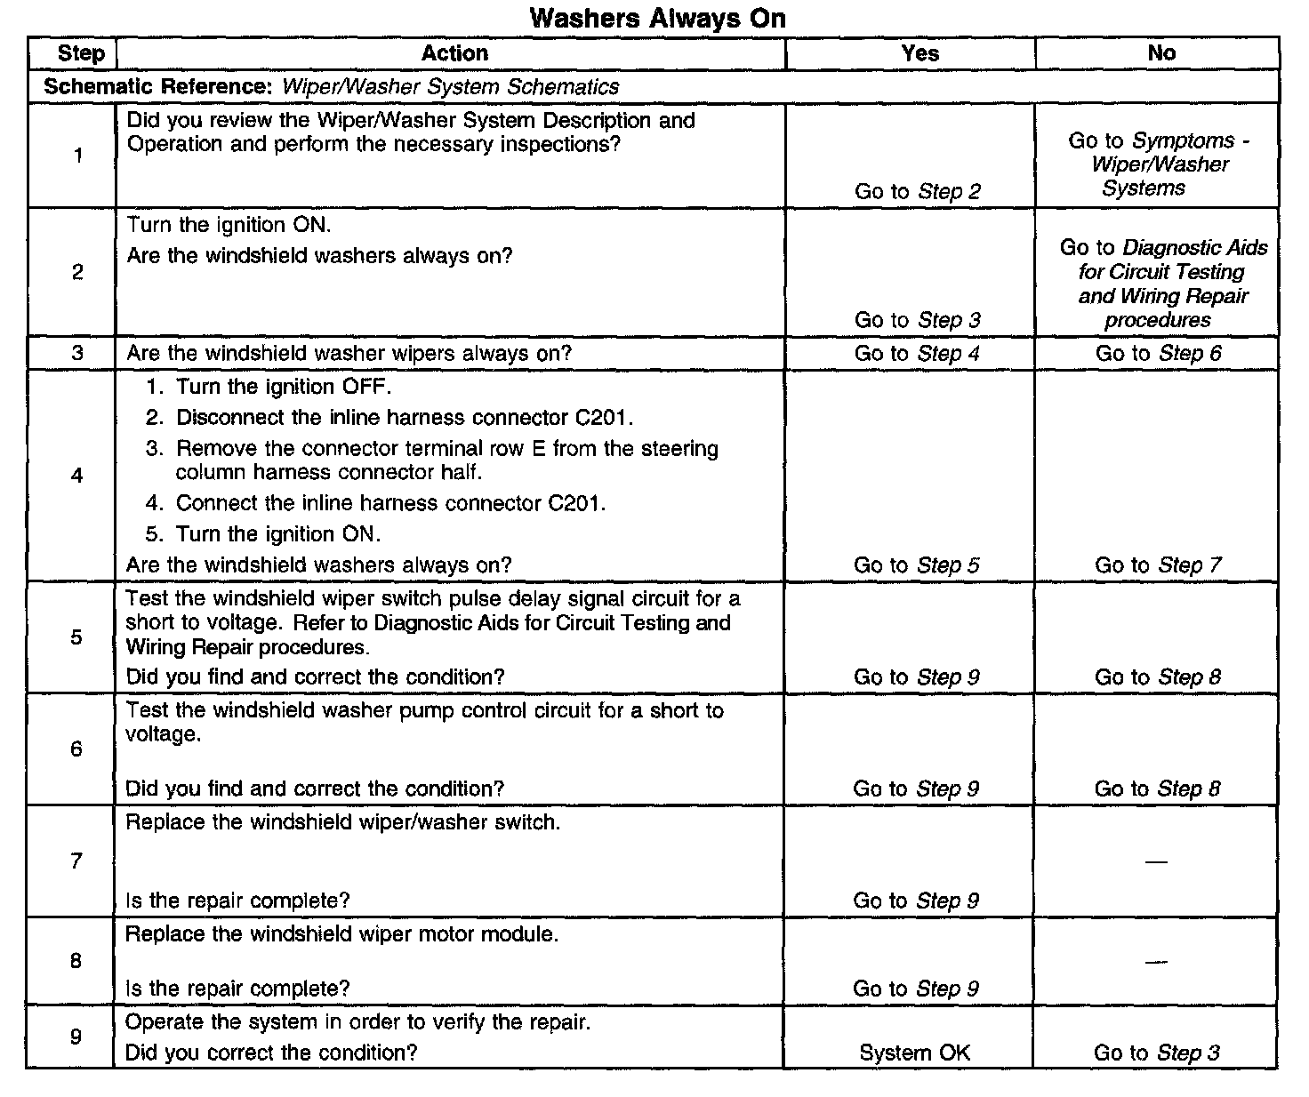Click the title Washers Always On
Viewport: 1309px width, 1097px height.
[657, 18]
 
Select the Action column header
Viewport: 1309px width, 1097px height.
[454, 53]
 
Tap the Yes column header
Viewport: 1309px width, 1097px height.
[920, 53]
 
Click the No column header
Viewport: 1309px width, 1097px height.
[1161, 53]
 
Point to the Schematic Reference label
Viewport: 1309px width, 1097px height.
[160, 87]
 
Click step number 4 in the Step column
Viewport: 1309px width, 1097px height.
[77, 476]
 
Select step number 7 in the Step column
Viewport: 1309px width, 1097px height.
[76, 861]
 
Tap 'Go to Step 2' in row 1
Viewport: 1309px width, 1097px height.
[917, 191]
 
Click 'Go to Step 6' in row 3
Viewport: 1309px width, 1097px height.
[1158, 353]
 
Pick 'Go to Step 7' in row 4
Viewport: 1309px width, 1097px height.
[1158, 565]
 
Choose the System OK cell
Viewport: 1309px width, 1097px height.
[914, 1053]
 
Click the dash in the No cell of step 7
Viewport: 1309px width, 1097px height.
[1156, 861]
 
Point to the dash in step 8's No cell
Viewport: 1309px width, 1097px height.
[1156, 962]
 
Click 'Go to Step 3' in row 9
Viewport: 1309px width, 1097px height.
[1156, 1053]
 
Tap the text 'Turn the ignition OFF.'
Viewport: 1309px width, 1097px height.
[283, 387]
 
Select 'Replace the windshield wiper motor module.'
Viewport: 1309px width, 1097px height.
[341, 934]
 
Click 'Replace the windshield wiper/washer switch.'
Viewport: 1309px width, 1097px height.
[342, 822]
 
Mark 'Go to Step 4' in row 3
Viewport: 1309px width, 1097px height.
[917, 353]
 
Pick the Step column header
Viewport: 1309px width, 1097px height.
[81, 53]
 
